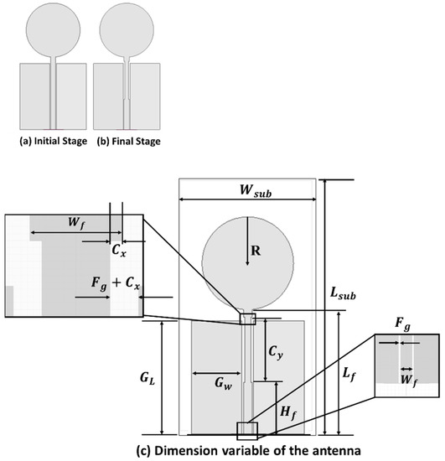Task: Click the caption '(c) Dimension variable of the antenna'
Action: point(250,449)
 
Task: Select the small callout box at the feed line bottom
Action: point(249,430)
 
